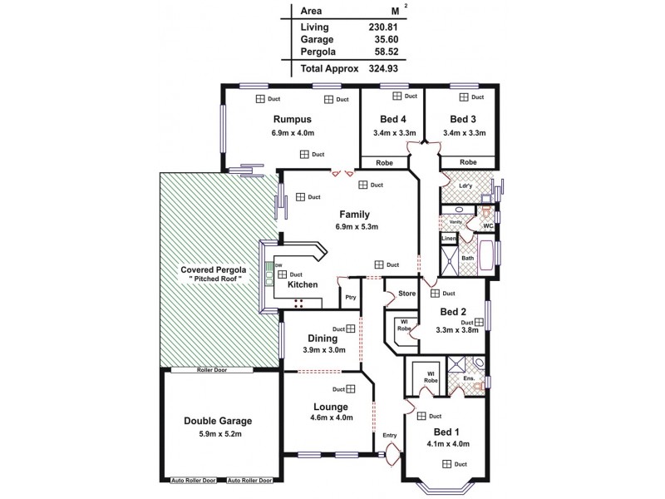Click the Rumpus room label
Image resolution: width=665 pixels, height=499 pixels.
(292, 120)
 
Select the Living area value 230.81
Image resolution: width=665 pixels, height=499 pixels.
(383, 27)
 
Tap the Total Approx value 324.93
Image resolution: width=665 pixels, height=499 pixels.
(383, 68)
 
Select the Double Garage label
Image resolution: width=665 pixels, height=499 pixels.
(217, 421)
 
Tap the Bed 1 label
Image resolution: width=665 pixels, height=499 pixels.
(446, 432)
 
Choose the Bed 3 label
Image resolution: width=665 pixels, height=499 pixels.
(463, 120)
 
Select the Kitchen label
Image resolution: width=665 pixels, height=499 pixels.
(303, 285)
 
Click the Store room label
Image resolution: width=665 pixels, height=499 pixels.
(406, 293)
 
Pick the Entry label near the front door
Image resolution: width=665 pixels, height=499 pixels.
(390, 435)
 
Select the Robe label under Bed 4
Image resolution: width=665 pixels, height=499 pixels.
(384, 162)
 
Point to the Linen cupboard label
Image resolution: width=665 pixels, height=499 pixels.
(448, 239)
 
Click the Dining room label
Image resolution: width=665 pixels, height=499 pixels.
(322, 338)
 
